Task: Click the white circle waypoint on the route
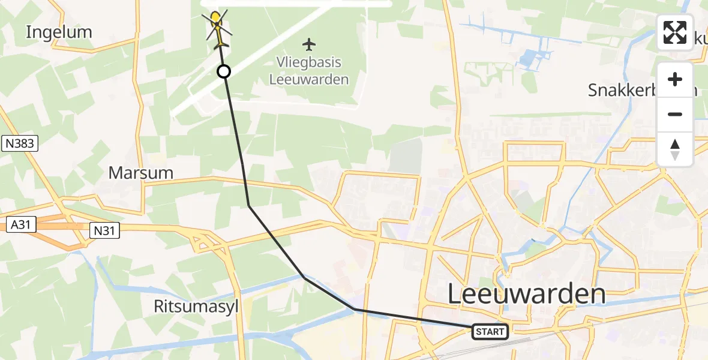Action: pos(223,72)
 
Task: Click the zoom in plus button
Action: pos(675,80)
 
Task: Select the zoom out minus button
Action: pos(675,114)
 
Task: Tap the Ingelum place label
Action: pos(59,32)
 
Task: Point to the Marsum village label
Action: pos(140,173)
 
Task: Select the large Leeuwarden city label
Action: pos(527,295)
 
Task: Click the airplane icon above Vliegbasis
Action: pos(309,44)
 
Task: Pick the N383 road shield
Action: pos(19,143)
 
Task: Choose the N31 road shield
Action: pos(106,229)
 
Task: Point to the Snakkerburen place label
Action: pos(642,90)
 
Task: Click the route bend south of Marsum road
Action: pos(249,206)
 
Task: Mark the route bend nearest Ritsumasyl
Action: pos(304,277)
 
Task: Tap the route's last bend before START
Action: pos(354,309)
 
